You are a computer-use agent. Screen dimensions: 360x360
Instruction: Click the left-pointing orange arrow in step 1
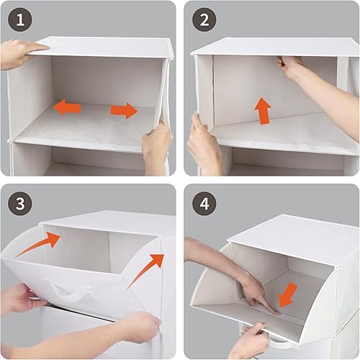[69, 107]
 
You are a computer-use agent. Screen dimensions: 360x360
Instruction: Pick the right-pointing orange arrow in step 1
[124, 111]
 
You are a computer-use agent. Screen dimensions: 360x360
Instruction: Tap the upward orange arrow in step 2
[263, 111]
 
